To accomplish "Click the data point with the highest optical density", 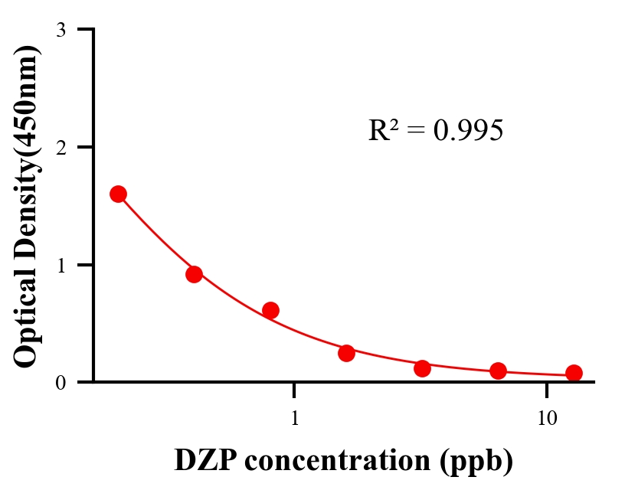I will (118, 194).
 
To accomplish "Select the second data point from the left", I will (194, 274).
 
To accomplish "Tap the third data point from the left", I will (270, 310).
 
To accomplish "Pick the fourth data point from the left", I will (346, 353).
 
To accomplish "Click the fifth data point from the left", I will (422, 368).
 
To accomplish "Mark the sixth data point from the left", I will (498, 371).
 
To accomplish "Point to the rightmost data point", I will (574, 373).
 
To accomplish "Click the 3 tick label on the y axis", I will (61, 30).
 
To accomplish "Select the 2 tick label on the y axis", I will (61, 147).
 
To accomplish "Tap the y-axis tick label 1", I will (61, 265).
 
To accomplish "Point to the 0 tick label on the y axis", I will (61, 382).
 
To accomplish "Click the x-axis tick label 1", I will (295, 418).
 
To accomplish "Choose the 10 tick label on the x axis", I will (546, 418).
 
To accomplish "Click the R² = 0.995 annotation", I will (435, 130).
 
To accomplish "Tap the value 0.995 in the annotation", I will (468, 131).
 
